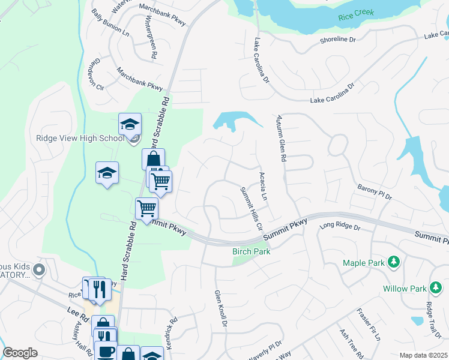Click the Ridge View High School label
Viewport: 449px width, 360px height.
tap(80, 138)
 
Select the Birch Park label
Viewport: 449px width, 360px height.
tap(251, 251)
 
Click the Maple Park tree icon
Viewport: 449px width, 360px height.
tap(394, 262)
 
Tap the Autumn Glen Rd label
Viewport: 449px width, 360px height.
tap(280, 139)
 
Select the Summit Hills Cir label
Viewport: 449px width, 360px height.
tap(252, 208)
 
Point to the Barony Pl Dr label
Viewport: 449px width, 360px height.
tap(375, 192)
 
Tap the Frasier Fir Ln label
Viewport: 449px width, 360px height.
tap(369, 325)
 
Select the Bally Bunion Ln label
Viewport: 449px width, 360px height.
tap(110, 22)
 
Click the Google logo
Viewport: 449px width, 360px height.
tap(20, 353)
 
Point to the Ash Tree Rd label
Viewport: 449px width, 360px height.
tap(348, 342)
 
